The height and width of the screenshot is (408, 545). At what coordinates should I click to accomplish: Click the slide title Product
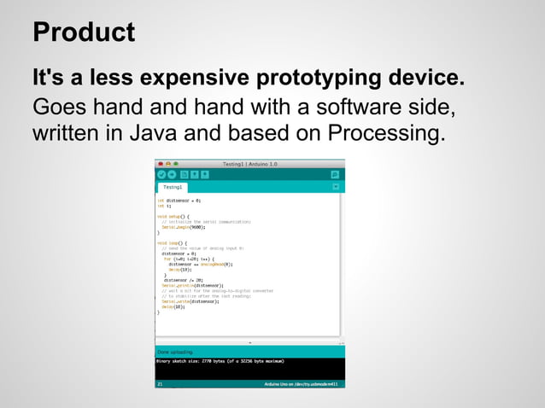[83, 32]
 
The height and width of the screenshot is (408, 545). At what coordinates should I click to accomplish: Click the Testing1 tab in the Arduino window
[173, 186]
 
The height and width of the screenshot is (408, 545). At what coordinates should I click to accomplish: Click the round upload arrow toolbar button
[172, 174]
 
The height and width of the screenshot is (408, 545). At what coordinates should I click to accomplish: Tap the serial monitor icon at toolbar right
[335, 174]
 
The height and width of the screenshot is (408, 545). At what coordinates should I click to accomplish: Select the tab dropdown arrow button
[336, 186]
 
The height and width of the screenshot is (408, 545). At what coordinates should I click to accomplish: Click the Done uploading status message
[175, 352]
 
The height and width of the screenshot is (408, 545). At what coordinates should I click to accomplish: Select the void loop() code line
[171, 242]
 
